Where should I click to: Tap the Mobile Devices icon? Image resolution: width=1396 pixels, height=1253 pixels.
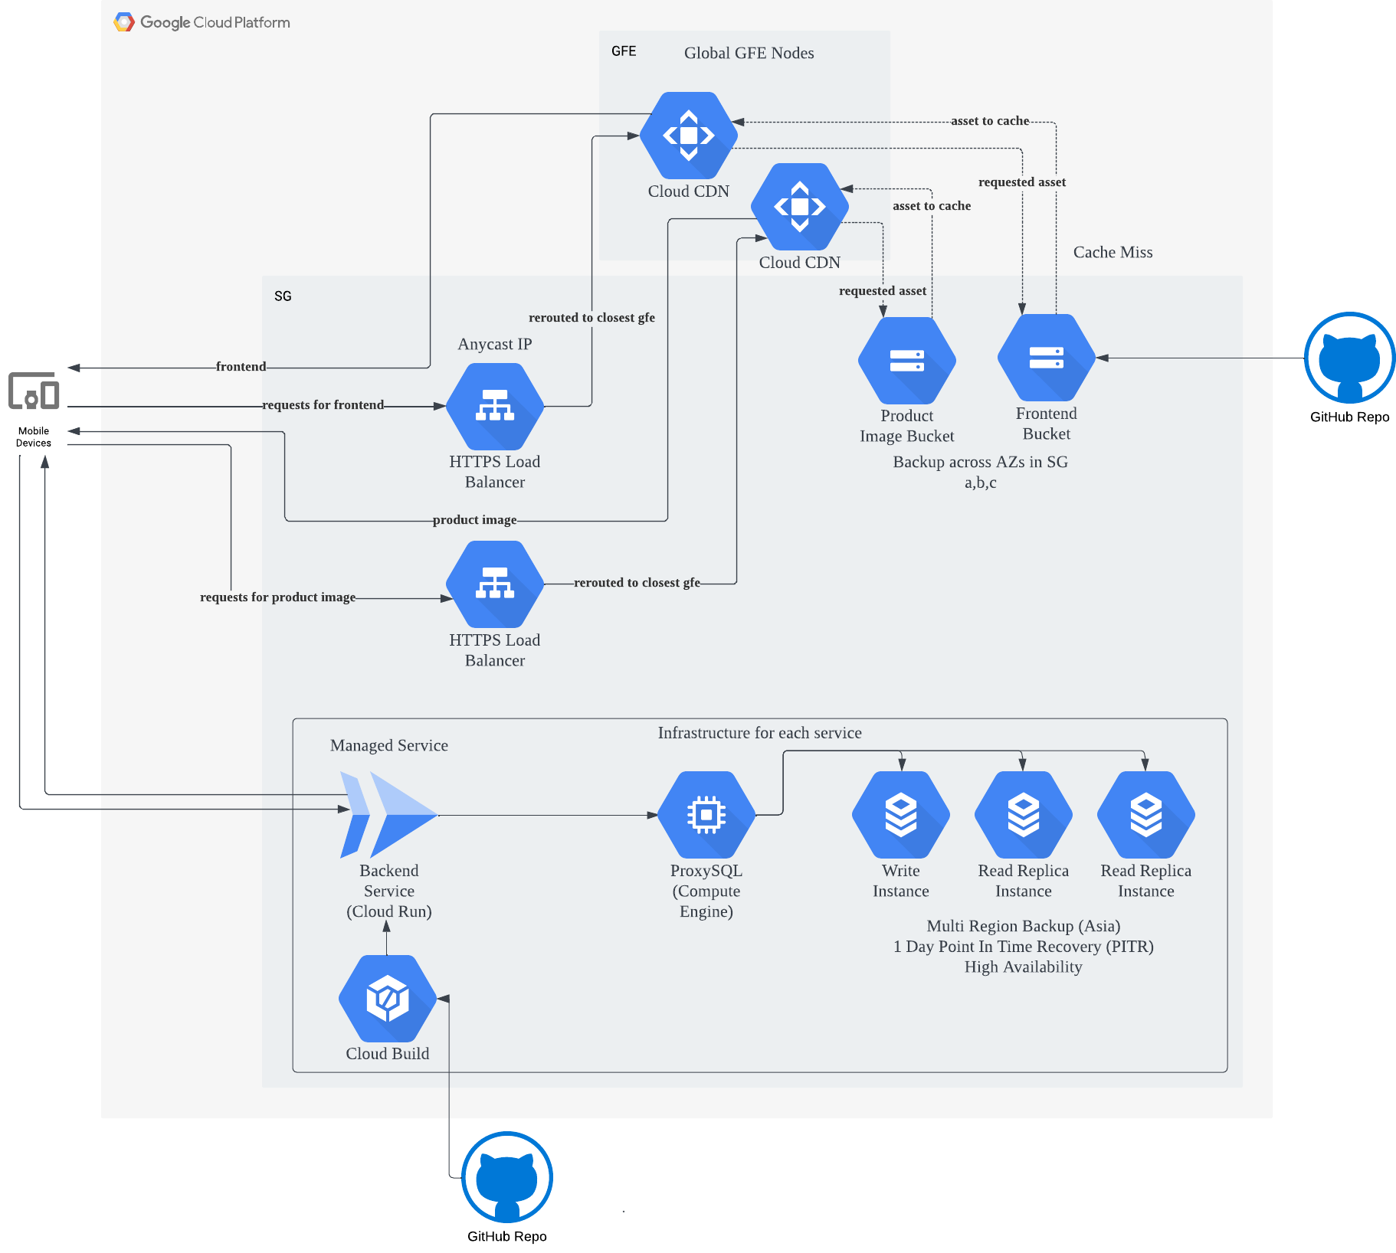pyautogui.click(x=34, y=391)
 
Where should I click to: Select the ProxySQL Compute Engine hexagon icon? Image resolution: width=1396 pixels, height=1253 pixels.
pyautogui.click(x=706, y=814)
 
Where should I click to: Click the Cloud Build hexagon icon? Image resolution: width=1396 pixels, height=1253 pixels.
pyautogui.click(x=388, y=998)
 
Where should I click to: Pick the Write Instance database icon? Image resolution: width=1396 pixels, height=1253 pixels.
pyautogui.click(x=901, y=814)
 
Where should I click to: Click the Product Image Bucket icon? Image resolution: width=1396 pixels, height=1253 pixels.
pyautogui.click(x=907, y=360)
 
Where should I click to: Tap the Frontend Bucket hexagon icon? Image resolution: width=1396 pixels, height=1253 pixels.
pyautogui.click(x=1047, y=358)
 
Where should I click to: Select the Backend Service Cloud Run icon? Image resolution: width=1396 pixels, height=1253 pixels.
pyautogui.click(x=389, y=814)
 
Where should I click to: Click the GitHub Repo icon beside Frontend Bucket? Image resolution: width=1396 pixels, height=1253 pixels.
pyautogui.click(x=1349, y=358)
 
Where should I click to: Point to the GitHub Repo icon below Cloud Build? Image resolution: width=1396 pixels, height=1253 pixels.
pyautogui.click(x=507, y=1177)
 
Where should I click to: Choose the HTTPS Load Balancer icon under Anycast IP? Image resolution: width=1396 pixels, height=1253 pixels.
pyautogui.click(x=495, y=406)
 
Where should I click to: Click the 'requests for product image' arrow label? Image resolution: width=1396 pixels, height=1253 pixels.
pyautogui.click(x=277, y=597)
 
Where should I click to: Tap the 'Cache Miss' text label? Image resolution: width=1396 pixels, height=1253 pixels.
pyautogui.click(x=1113, y=252)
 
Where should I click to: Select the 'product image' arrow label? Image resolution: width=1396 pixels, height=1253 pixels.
pyautogui.click(x=474, y=520)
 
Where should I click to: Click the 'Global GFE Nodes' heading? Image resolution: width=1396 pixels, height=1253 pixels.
pyautogui.click(x=749, y=53)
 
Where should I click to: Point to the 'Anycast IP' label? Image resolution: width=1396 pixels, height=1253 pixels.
pyautogui.click(x=495, y=344)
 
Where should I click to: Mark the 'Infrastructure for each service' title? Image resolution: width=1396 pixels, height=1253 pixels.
pyautogui.click(x=759, y=733)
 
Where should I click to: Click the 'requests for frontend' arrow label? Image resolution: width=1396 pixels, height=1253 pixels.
pyautogui.click(x=323, y=405)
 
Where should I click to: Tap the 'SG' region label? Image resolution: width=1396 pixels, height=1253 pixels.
pyautogui.click(x=283, y=296)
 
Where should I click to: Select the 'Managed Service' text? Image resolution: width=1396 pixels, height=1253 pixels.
pyautogui.click(x=389, y=745)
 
